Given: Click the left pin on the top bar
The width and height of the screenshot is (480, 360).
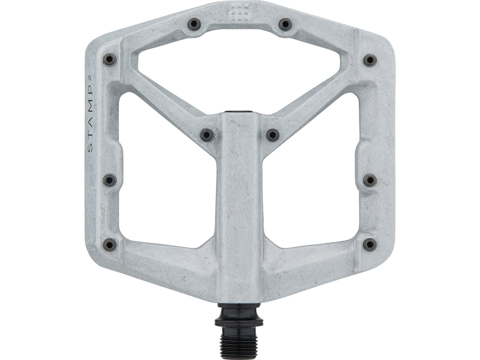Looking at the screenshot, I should [193, 25].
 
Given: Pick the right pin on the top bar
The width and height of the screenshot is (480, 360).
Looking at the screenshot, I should [286, 25].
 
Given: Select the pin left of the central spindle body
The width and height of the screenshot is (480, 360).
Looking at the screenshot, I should [207, 133].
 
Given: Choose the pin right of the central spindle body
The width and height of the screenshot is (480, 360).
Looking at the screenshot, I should [273, 133].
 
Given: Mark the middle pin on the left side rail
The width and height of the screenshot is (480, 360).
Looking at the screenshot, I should [109, 180].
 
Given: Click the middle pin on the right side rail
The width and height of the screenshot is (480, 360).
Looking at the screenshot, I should [370, 180].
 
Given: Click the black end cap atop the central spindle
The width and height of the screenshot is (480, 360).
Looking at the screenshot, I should [240, 112].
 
